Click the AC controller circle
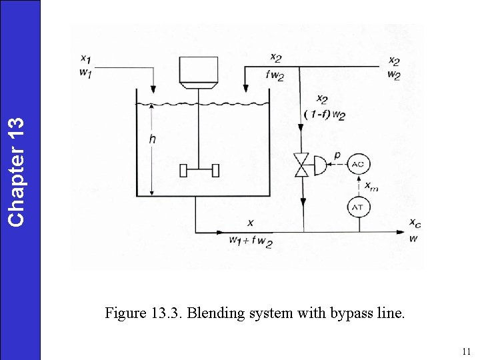click(x=359, y=164)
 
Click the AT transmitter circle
click(x=359, y=207)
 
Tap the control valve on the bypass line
click(x=302, y=165)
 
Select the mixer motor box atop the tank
click(x=199, y=70)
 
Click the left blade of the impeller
click(x=183, y=171)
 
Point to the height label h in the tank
click(x=154, y=139)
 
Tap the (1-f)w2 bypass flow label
click(x=324, y=114)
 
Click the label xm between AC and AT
click(x=371, y=186)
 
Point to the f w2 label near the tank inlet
click(x=274, y=75)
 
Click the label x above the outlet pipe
click(x=250, y=222)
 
